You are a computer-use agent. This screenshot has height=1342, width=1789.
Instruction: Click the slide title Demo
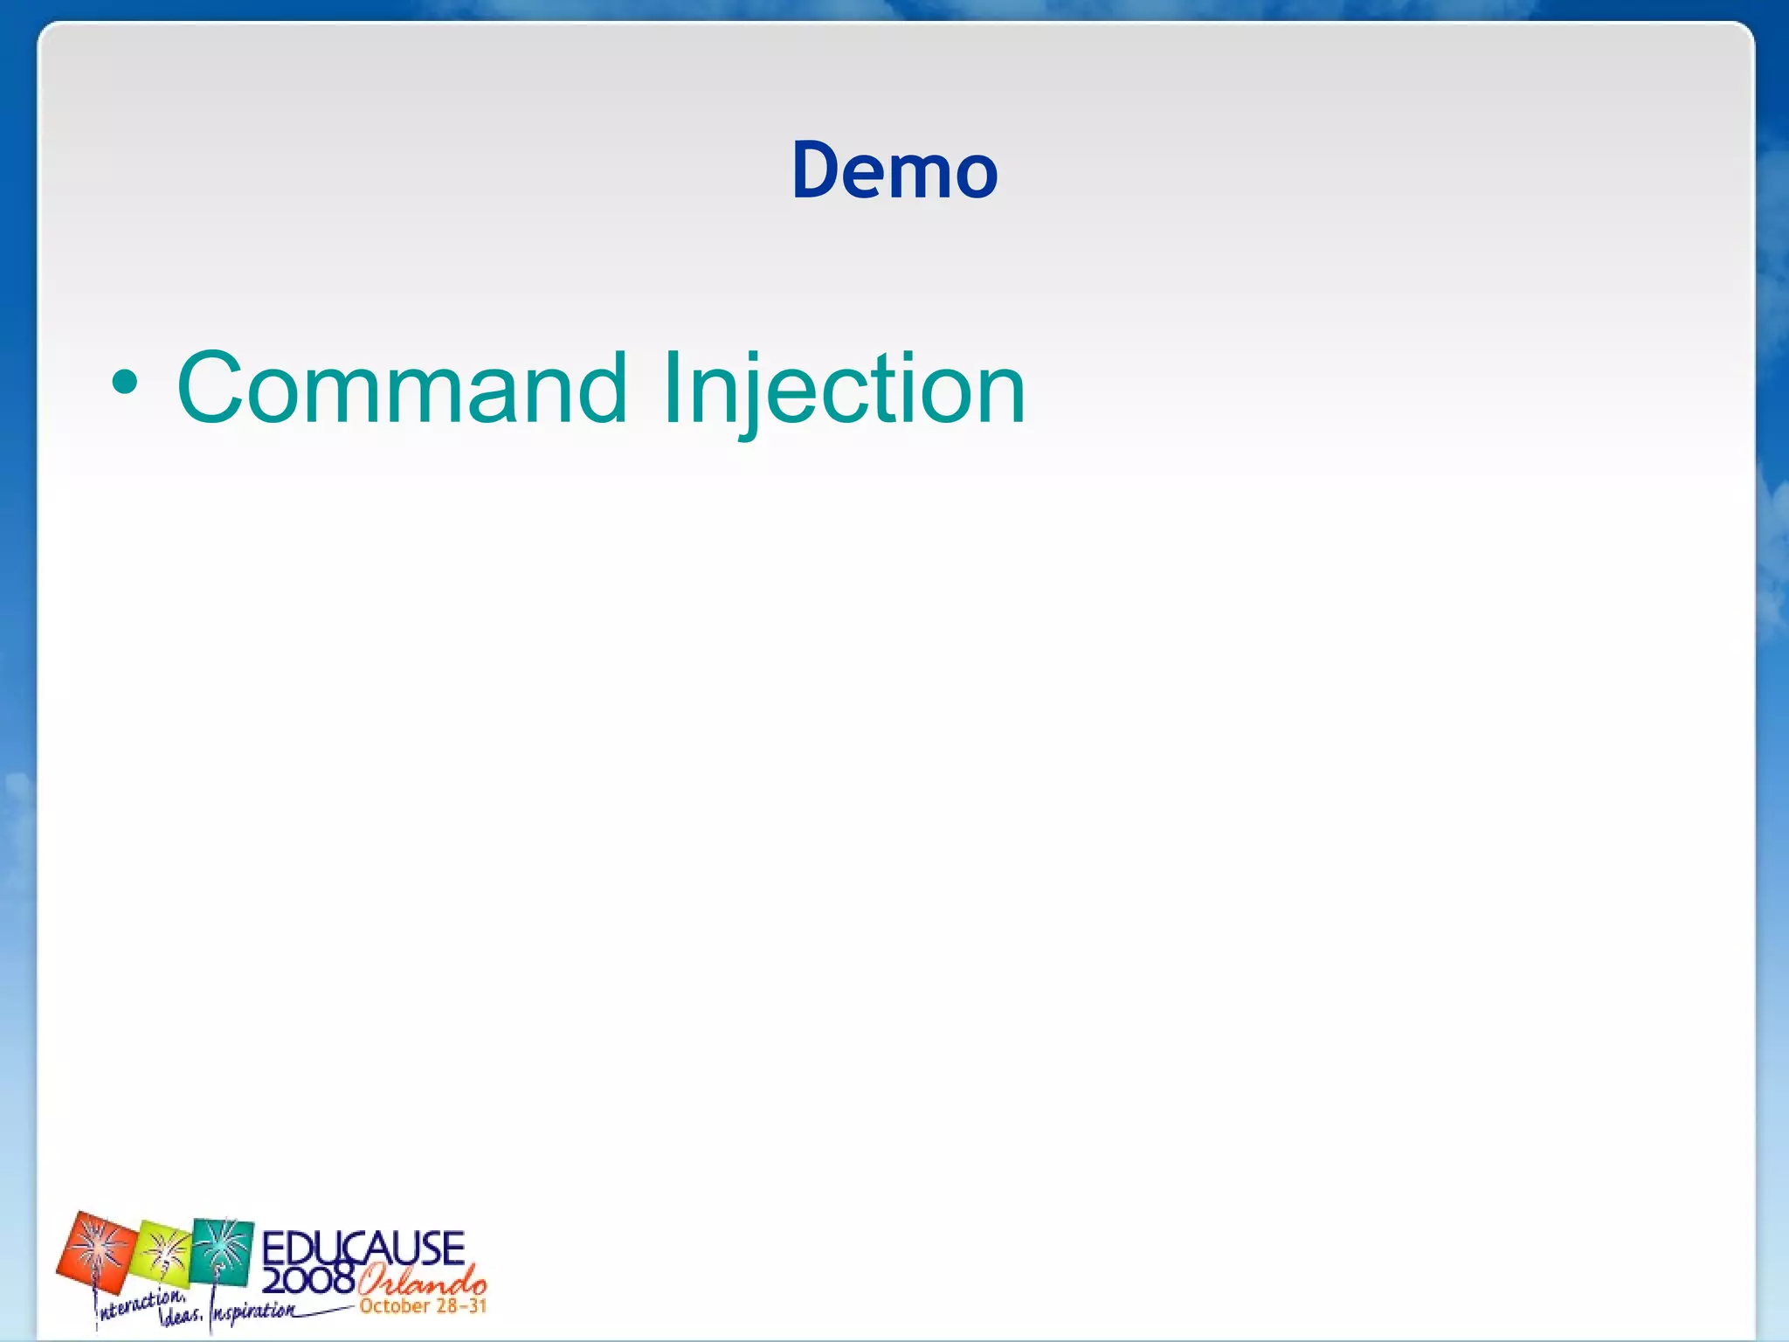pos(894,170)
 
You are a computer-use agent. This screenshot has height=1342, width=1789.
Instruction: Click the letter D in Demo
pos(818,170)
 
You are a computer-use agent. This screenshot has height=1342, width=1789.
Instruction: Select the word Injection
pos(843,388)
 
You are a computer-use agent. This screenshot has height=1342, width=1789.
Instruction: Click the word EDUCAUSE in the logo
pos(363,1248)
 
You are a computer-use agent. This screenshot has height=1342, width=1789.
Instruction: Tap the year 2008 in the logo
pos(307,1281)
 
